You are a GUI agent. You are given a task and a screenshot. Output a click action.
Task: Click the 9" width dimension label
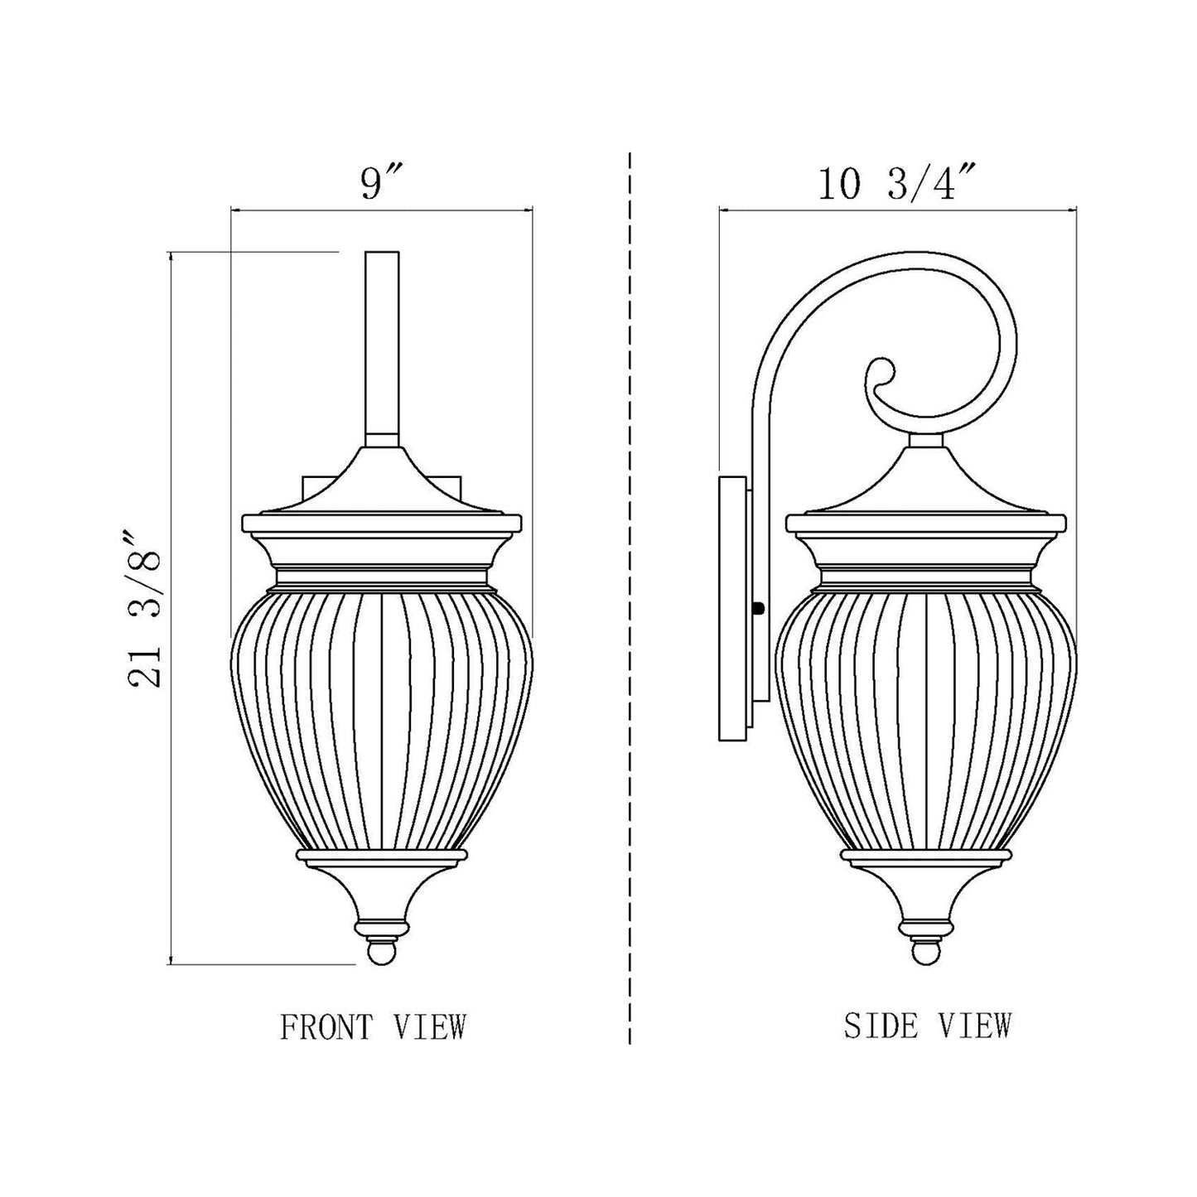380,183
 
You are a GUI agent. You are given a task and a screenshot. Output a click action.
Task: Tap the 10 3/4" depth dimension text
898,183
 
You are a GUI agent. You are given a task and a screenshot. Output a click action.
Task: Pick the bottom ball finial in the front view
381,953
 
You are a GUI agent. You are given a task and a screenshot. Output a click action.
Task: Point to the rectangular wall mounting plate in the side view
732,608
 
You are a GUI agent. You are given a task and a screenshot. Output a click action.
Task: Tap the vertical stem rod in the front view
381,348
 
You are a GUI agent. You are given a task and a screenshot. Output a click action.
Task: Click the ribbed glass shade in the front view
381,712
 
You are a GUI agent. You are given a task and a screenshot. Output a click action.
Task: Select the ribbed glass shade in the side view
926,712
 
